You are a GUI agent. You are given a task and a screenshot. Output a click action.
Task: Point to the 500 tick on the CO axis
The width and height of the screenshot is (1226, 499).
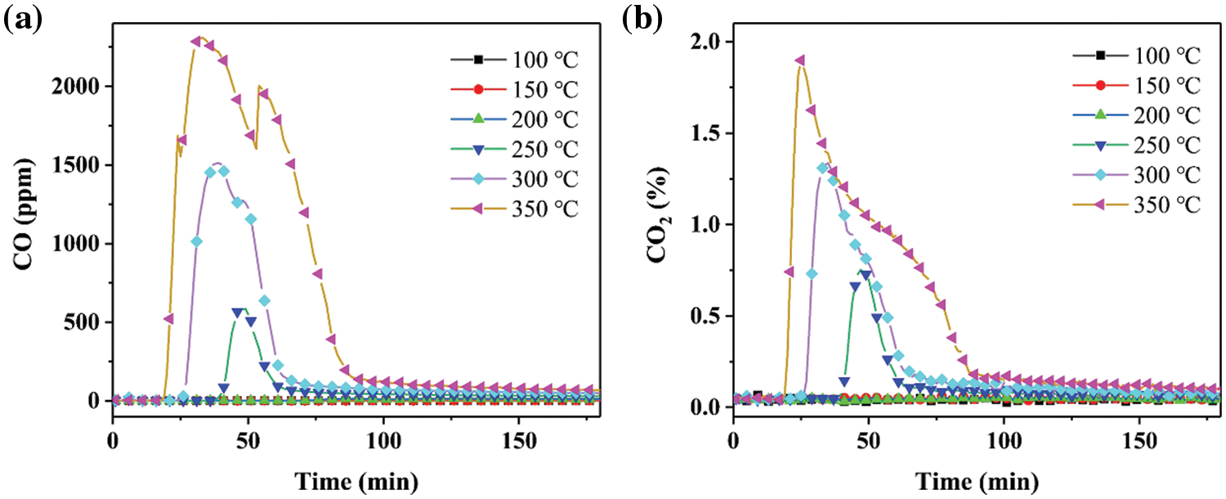pyautogui.click(x=85, y=322)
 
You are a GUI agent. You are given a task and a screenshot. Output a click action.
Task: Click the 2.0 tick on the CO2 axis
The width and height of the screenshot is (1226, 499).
pyautogui.click(x=709, y=42)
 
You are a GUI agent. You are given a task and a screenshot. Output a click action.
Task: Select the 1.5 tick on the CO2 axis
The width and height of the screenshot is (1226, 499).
pyautogui.click(x=709, y=133)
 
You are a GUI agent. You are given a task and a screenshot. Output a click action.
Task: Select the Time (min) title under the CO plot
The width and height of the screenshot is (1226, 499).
pyautogui.click(x=356, y=478)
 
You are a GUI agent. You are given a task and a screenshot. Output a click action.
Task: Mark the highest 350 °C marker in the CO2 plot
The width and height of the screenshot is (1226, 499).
pyautogui.click(x=799, y=61)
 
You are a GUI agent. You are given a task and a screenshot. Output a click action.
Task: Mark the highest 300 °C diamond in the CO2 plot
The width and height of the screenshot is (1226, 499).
pyautogui.click(x=823, y=168)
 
